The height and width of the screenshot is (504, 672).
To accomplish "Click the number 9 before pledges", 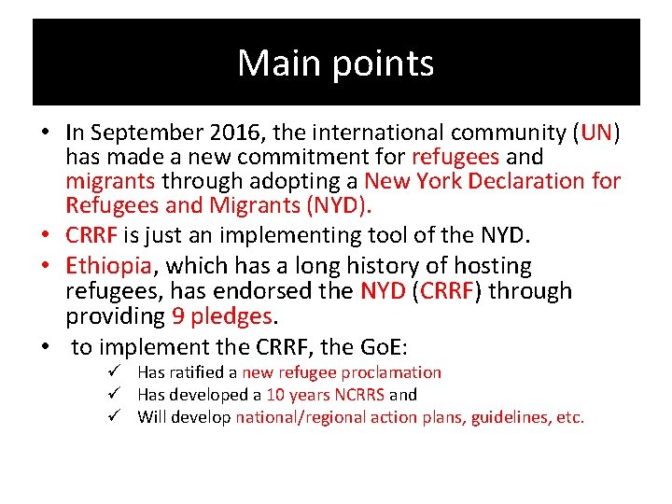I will click(x=177, y=315).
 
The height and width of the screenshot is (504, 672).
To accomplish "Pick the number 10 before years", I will click(x=275, y=395).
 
